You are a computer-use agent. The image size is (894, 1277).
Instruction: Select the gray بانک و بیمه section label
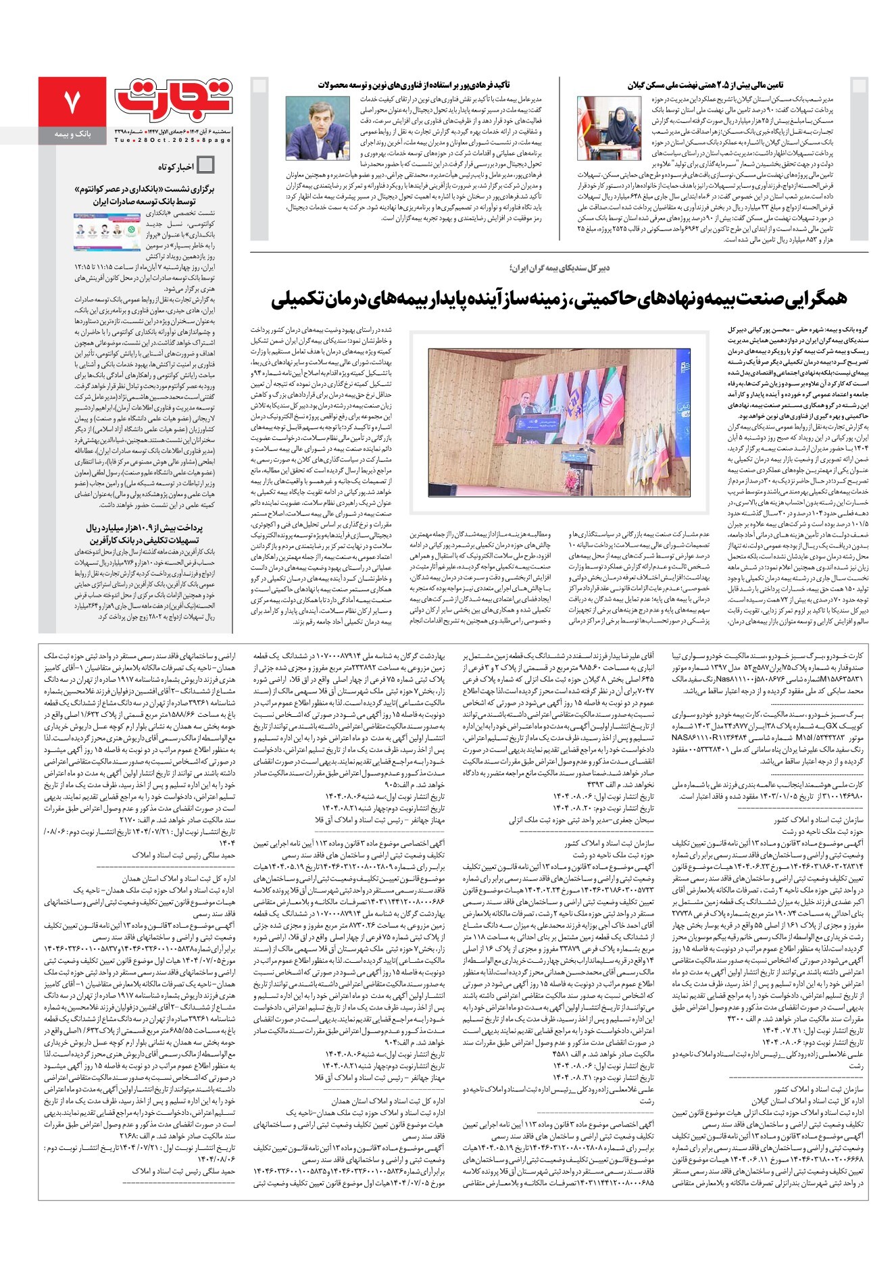coord(72,135)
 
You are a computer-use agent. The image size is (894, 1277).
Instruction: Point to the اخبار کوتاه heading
coord(176,166)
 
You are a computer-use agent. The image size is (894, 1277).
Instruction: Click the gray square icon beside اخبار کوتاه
coord(205,166)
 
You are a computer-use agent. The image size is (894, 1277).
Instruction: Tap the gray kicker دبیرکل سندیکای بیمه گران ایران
coord(560,268)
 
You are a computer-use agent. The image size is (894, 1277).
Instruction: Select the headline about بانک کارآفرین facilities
coord(144,533)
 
